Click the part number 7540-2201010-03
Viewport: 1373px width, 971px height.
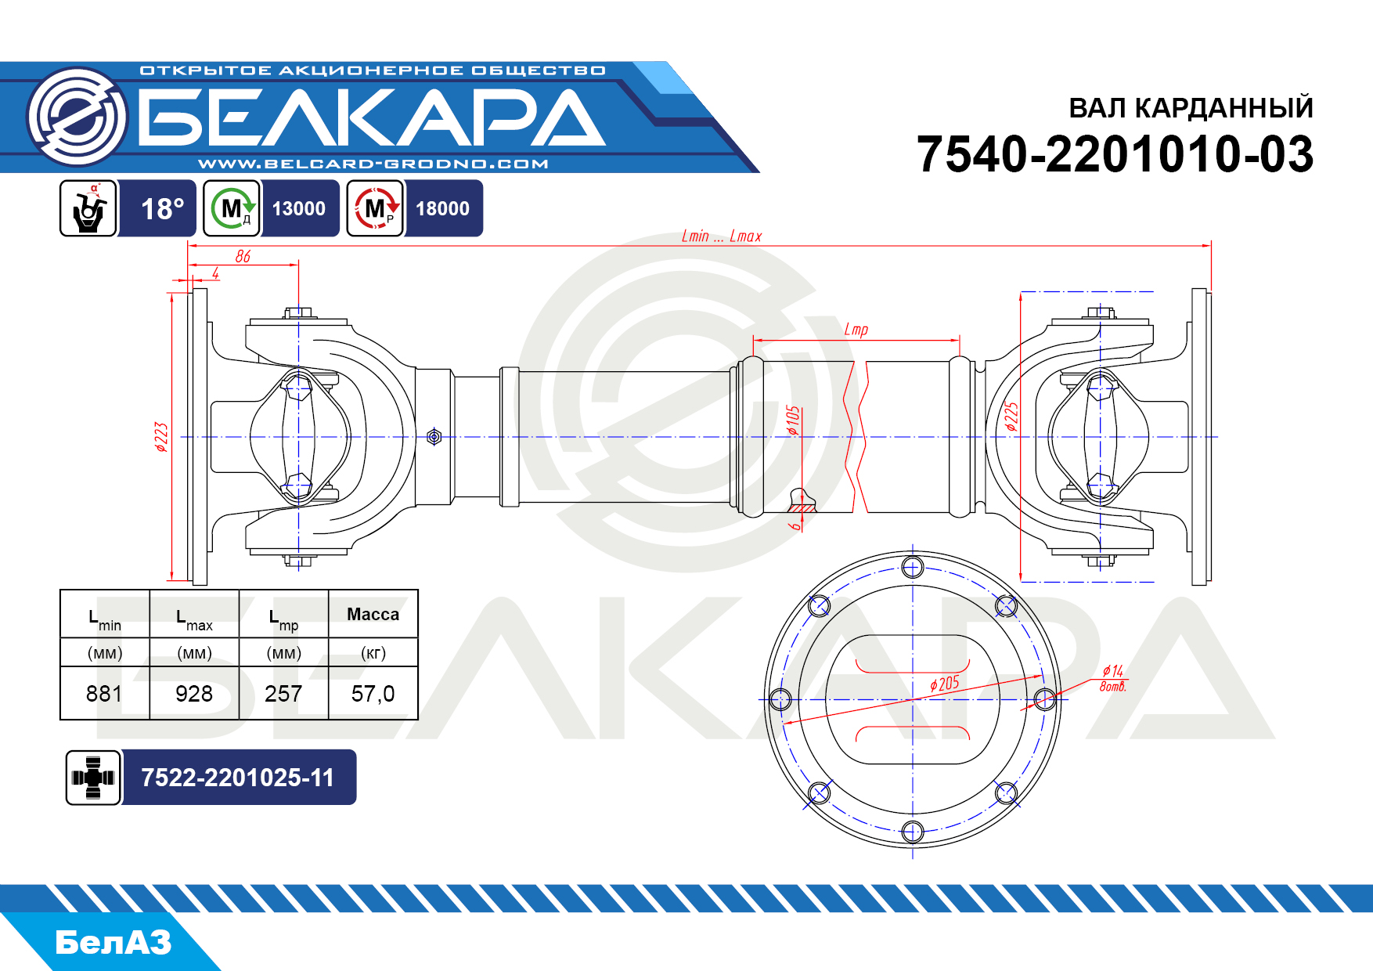(1115, 154)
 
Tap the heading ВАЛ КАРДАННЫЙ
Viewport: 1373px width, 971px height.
(1191, 108)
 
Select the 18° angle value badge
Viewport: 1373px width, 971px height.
(162, 209)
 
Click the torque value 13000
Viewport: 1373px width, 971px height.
(299, 209)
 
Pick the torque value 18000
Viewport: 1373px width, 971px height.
(442, 209)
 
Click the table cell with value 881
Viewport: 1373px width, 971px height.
(104, 694)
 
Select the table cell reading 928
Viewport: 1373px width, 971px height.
(194, 694)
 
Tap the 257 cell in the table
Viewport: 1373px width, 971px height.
(283, 694)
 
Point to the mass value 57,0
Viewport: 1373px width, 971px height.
(373, 694)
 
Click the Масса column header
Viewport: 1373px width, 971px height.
(373, 615)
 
